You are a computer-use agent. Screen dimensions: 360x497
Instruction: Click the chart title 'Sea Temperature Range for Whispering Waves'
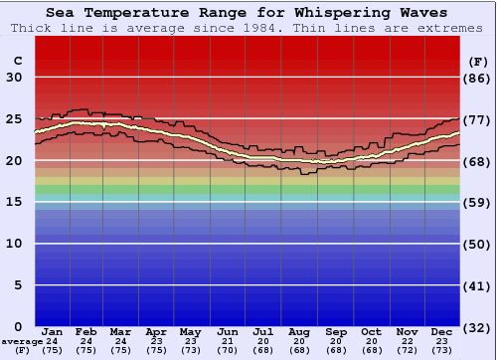point(248,13)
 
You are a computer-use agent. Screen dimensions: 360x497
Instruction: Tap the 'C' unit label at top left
point(17,61)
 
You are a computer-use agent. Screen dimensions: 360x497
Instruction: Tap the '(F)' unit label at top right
point(477,61)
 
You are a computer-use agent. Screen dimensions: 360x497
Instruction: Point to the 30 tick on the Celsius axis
point(14,78)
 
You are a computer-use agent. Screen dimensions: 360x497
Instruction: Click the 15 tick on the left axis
point(14,202)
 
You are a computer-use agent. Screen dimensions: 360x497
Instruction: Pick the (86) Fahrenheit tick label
point(478,78)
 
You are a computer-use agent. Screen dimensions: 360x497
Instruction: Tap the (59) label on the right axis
point(478,202)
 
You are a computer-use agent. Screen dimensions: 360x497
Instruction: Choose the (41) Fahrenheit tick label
point(478,285)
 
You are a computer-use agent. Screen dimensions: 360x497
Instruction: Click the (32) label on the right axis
point(478,326)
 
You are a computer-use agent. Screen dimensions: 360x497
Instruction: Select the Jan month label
point(53,330)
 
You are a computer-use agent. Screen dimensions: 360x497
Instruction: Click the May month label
point(190,330)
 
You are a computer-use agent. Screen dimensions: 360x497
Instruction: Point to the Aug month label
point(298,330)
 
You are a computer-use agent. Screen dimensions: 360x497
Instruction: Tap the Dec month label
point(442,330)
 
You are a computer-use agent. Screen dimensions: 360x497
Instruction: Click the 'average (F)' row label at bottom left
point(22,346)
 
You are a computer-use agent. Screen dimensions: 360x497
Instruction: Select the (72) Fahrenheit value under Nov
point(407,350)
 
